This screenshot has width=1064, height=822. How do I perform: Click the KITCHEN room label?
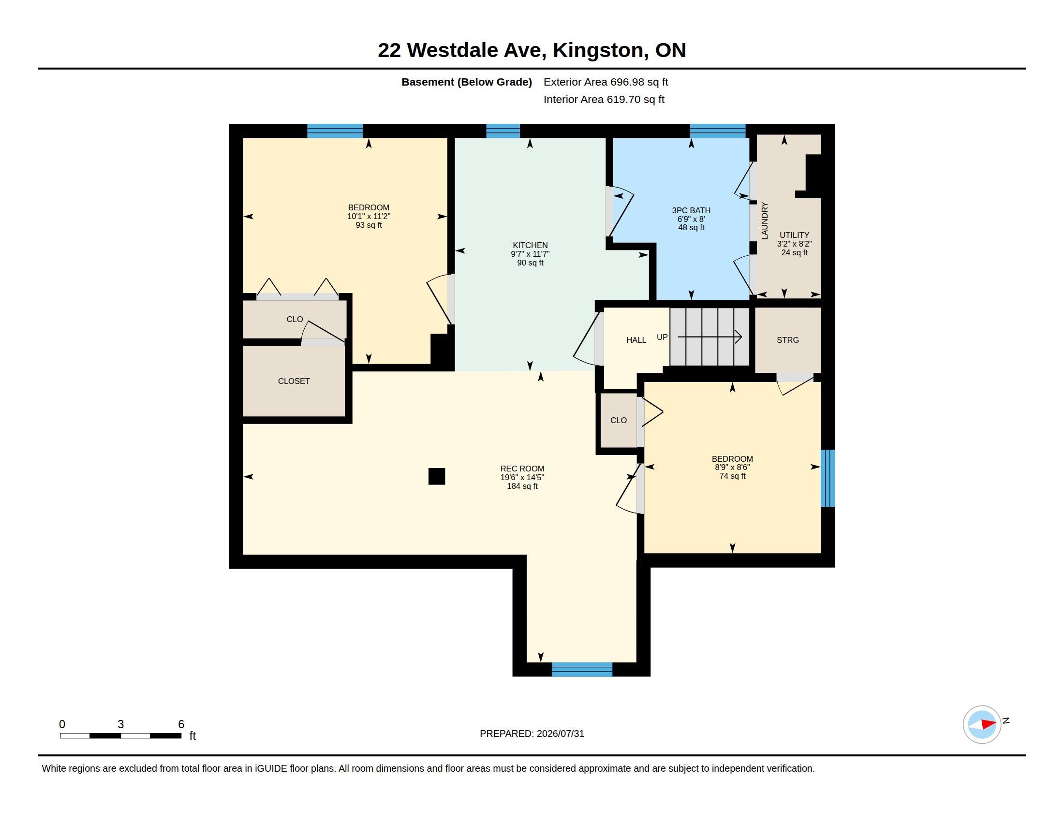[530, 246]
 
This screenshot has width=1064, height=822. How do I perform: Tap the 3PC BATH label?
[691, 210]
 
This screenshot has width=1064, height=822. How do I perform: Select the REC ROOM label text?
[522, 469]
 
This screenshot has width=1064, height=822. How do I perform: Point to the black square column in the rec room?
[437, 476]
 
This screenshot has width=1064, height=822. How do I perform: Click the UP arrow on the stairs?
[709, 337]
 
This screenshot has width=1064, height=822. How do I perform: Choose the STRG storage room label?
[788, 340]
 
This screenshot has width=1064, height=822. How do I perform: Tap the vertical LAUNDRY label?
[764, 220]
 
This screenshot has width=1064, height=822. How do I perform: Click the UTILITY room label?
[794, 235]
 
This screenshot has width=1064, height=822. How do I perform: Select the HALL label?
[636, 340]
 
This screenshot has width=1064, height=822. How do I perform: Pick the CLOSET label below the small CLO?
[294, 382]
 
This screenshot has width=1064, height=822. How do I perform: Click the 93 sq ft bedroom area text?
[369, 225]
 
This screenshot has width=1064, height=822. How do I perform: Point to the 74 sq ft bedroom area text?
[732, 476]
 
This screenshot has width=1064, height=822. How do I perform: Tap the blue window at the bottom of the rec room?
[582, 670]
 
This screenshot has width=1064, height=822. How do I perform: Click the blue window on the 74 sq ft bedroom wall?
[828, 478]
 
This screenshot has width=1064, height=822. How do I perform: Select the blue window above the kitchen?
[503, 131]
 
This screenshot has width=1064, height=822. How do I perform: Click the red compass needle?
[989, 724]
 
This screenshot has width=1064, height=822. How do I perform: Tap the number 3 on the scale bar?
[121, 724]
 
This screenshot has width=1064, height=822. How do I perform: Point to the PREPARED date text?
[532, 734]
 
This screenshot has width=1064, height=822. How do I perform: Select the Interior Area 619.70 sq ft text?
[604, 99]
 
